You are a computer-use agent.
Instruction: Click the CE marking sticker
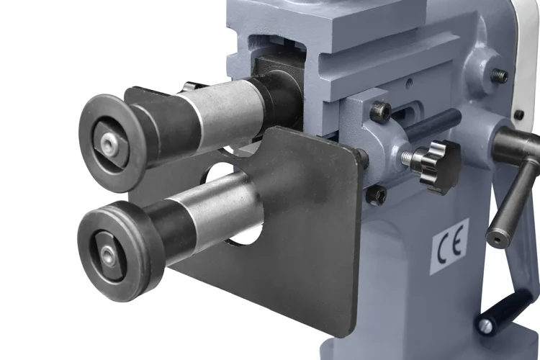(x=450, y=247)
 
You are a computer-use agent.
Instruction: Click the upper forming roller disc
(x=112, y=143)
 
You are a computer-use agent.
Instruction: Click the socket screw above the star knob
(x=380, y=111)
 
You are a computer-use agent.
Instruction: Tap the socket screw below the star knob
(x=377, y=195)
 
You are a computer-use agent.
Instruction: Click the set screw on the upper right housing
(x=500, y=75)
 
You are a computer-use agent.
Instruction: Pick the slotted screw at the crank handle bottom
(x=485, y=325)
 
